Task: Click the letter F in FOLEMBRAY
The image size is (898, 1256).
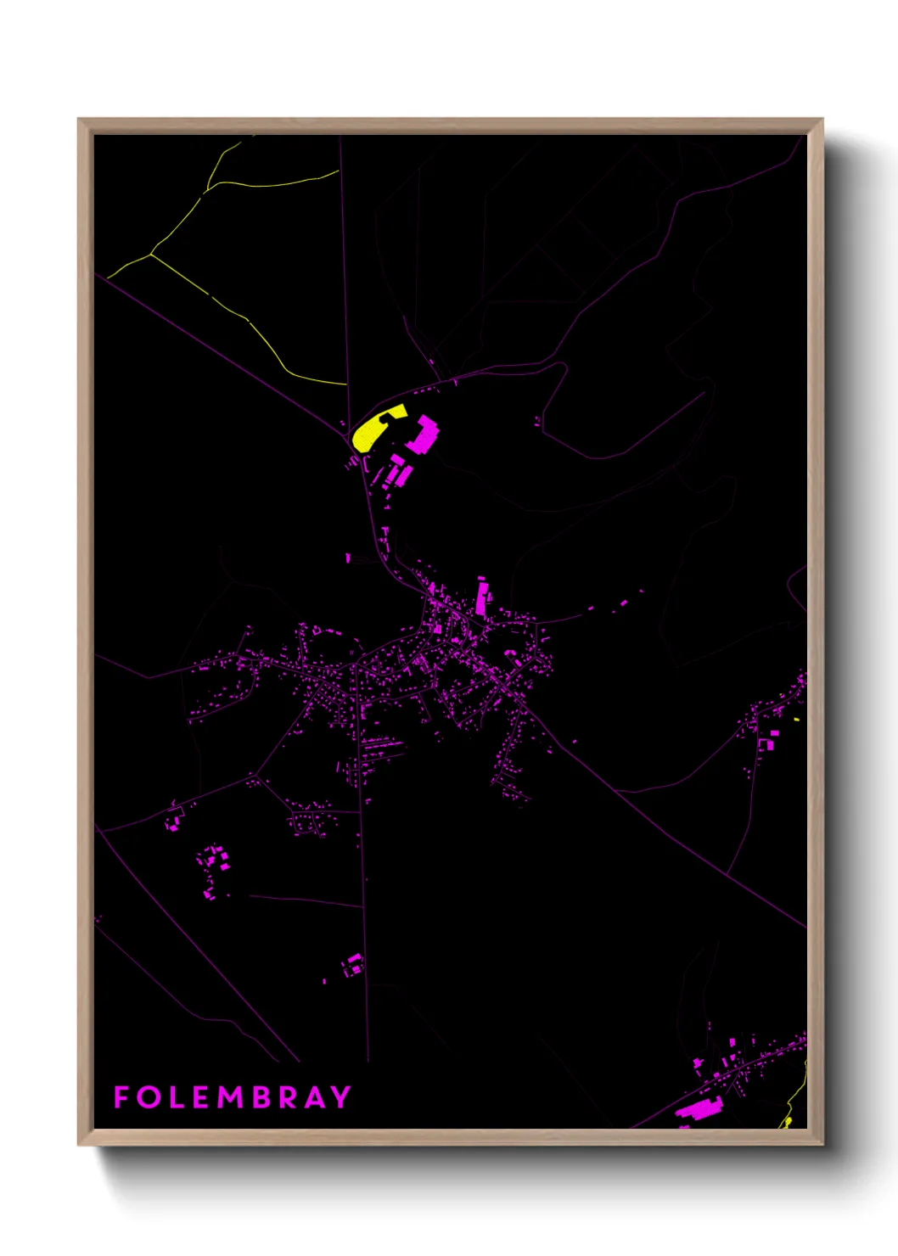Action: click(121, 1097)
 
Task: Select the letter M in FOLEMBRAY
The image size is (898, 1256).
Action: click(230, 1097)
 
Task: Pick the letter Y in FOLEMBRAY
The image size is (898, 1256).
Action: click(341, 1097)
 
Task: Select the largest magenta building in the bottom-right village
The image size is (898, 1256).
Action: click(699, 1108)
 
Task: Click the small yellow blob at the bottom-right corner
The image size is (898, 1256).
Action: click(787, 1122)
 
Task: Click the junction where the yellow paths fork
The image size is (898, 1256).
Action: click(150, 254)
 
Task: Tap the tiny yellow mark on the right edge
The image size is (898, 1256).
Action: click(796, 720)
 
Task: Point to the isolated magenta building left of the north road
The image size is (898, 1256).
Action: click(348, 558)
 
